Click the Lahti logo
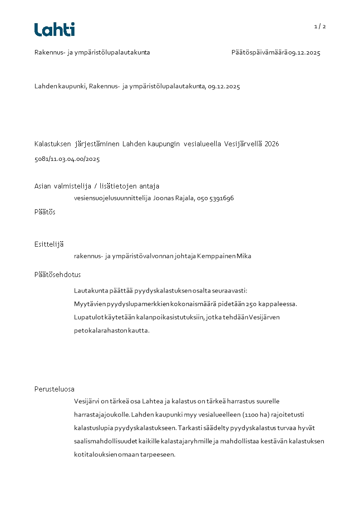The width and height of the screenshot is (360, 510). coord(54,30)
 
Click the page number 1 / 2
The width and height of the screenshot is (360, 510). coord(320,26)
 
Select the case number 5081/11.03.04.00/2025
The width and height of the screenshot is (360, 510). coord(67,159)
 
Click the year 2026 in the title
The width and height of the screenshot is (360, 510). coord(271,144)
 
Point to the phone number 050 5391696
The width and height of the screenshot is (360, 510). coord(215,198)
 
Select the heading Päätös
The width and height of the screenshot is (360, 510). coord(45,212)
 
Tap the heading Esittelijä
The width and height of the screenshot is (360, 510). coord(49,244)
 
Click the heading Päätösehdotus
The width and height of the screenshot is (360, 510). coord(58,275)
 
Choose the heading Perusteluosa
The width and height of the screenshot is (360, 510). coord(54,389)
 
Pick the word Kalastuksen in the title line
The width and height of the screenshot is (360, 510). coord(53,144)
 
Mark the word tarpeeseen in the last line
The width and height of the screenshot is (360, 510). coord(159,454)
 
